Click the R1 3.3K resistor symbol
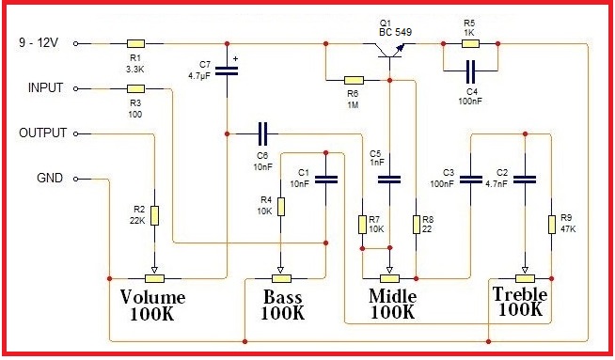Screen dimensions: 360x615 tap(136, 43)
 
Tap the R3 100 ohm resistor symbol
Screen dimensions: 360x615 tap(136, 89)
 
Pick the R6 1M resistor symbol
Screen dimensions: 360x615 tap(354, 81)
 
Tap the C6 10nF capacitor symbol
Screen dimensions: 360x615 tap(262, 133)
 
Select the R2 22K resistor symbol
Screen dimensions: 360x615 tap(154, 215)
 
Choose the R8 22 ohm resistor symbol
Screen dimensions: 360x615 tap(416, 224)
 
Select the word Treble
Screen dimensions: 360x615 tap(519, 294)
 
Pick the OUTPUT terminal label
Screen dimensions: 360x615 tap(43, 133)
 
